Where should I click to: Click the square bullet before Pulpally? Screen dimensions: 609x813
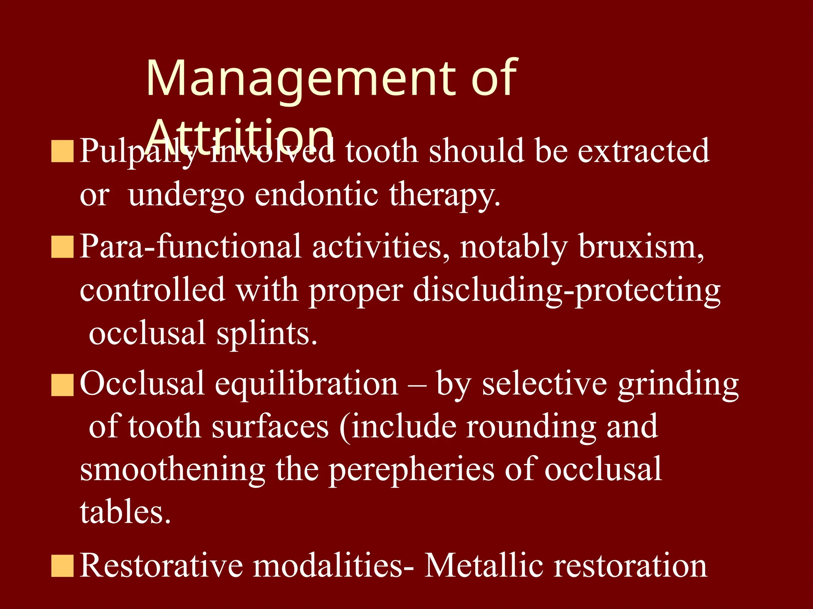62,151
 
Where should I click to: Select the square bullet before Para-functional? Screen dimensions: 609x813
62,247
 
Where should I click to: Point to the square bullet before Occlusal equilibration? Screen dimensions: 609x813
62,385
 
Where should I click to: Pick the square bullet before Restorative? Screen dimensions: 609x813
62,565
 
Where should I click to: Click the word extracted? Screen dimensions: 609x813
643,151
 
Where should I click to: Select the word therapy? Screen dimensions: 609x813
444,195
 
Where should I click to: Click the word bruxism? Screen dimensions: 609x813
641,247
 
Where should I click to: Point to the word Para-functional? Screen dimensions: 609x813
191,247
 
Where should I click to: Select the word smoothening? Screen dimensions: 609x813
173,469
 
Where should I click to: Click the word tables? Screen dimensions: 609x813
125,512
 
